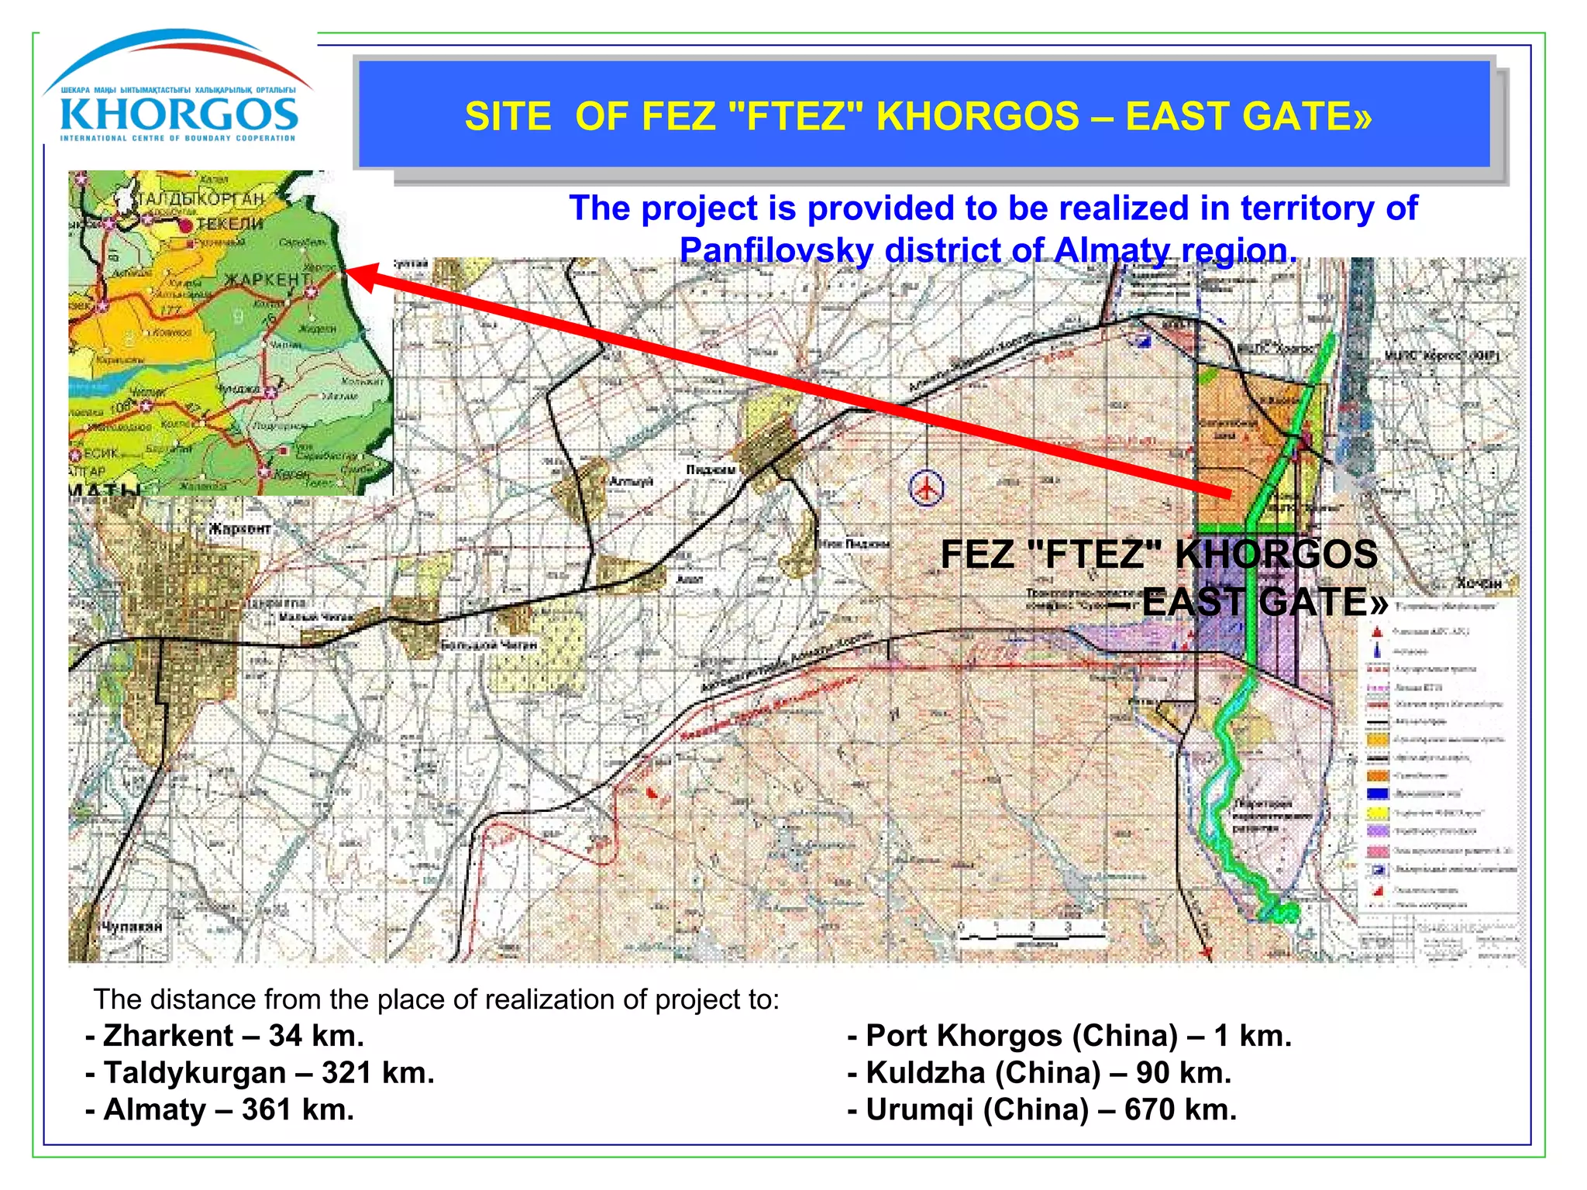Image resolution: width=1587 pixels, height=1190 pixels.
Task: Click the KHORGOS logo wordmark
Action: pos(179,115)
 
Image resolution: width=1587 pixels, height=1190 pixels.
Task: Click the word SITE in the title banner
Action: pos(508,117)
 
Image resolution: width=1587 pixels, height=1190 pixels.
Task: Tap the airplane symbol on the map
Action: pos(926,488)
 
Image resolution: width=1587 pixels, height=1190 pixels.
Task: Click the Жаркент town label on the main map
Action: pos(239,529)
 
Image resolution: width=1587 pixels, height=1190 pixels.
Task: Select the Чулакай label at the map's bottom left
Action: pos(133,927)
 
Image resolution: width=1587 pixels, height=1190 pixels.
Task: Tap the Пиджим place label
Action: pos(710,469)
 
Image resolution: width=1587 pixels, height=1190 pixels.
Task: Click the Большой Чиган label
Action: pos(488,645)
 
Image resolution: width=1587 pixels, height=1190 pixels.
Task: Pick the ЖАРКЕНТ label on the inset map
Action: pos(267,279)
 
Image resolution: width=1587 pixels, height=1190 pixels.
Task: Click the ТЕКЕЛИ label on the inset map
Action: pos(229,224)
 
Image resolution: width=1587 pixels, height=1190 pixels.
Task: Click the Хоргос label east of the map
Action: pos(1479,583)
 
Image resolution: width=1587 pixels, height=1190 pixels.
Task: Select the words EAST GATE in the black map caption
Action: pos(1263,602)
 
